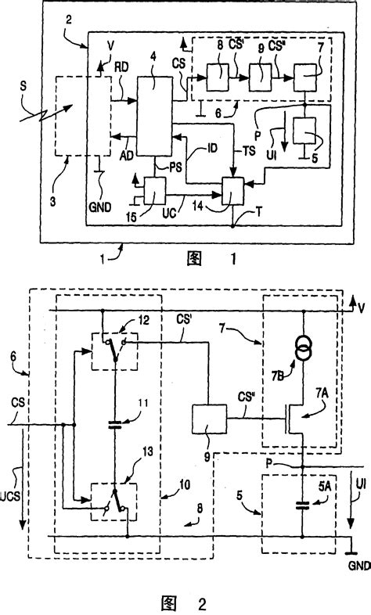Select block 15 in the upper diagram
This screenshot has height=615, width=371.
155,189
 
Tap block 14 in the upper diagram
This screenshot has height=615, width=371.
233,189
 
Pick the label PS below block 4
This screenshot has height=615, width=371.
165,166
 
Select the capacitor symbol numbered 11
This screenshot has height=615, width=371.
114,404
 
